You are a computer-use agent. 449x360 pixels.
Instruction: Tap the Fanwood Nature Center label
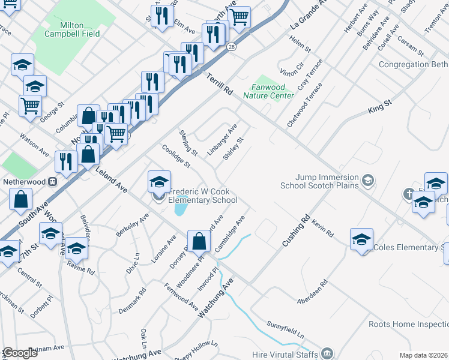click(268, 91)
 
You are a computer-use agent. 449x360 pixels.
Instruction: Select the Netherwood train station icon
click(53, 180)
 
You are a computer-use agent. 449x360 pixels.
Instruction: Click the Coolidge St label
click(175, 155)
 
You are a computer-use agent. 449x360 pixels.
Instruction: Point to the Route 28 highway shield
click(231, 46)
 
